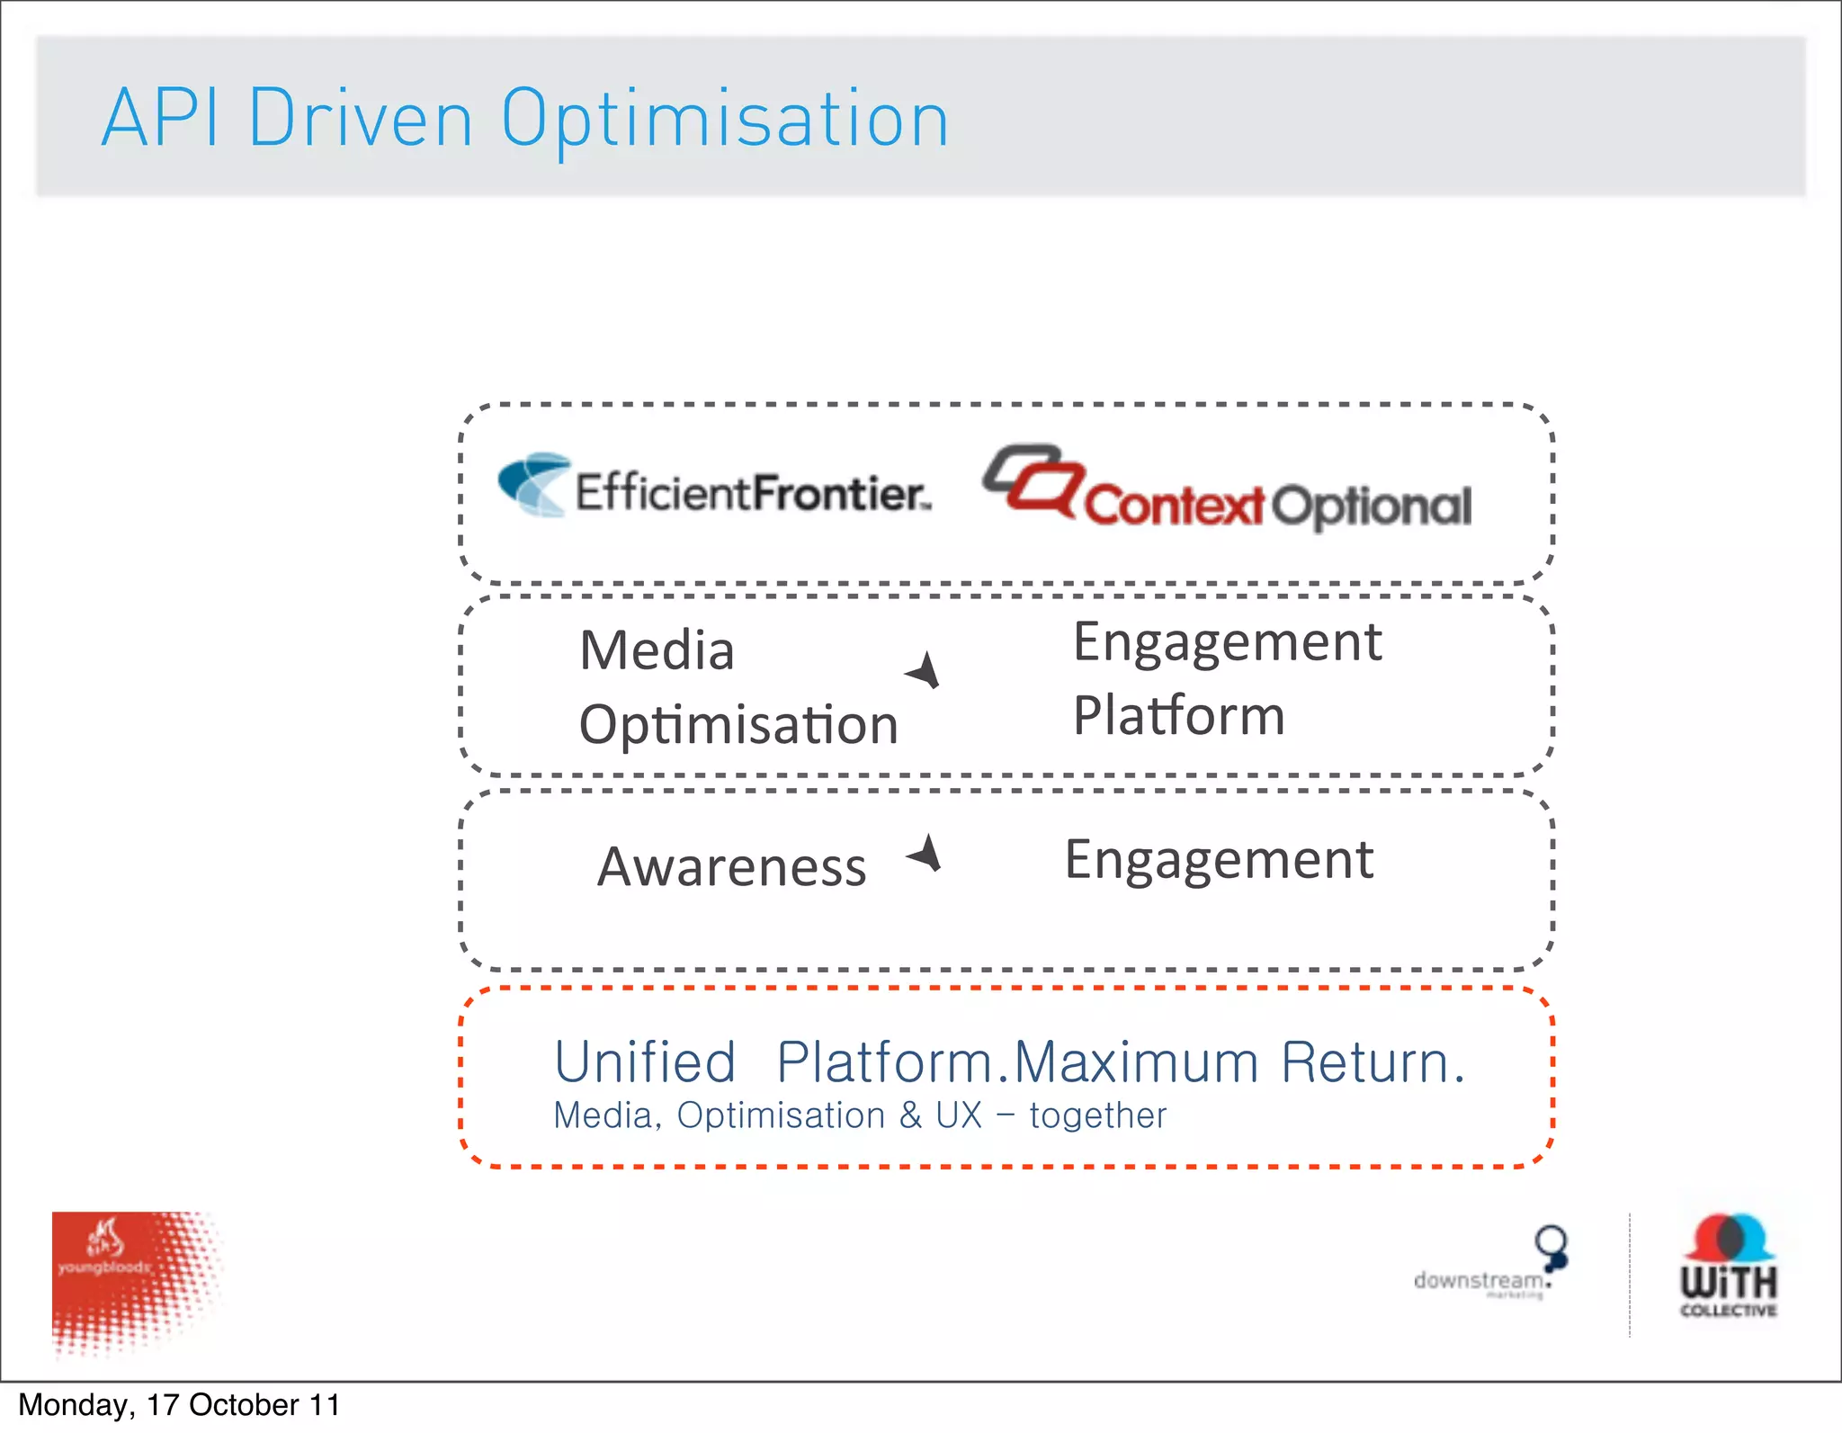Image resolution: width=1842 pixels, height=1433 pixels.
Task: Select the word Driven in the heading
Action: [360, 119]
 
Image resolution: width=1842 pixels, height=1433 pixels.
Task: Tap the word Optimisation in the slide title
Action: [725, 121]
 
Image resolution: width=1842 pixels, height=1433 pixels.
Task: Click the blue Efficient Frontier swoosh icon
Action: [534, 484]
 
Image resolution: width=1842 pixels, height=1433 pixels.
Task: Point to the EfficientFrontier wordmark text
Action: [752, 493]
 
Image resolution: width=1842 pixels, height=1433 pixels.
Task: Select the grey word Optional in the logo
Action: [1372, 506]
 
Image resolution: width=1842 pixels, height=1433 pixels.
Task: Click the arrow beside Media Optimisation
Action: [924, 671]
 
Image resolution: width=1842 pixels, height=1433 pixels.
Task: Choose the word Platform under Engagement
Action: [1178, 716]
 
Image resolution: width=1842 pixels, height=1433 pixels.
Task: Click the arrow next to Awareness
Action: [925, 853]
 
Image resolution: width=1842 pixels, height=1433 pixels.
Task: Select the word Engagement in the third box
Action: [1219, 860]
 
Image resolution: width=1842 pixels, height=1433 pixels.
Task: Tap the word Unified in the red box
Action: [645, 1062]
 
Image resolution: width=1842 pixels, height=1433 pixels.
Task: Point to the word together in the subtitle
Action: [1097, 1115]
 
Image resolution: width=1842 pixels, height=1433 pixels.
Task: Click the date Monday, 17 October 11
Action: [179, 1405]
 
